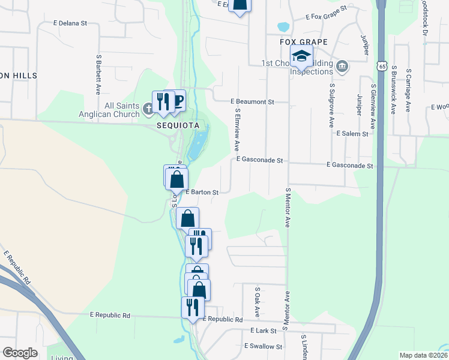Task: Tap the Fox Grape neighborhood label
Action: [x=304, y=41]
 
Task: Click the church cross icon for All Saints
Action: [x=148, y=109]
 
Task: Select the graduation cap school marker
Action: [x=301, y=57]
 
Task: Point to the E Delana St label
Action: [x=70, y=23]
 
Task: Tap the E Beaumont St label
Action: [x=252, y=102]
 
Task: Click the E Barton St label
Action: [x=201, y=193]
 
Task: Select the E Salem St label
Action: [x=352, y=134]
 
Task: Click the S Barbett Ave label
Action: [x=98, y=75]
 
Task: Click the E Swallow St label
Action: [x=263, y=346]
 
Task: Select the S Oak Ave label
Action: [x=257, y=301]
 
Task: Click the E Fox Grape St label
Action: [x=327, y=14]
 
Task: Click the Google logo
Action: [x=20, y=353]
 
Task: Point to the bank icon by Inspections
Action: [x=342, y=65]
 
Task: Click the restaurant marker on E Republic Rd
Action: [x=192, y=307]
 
